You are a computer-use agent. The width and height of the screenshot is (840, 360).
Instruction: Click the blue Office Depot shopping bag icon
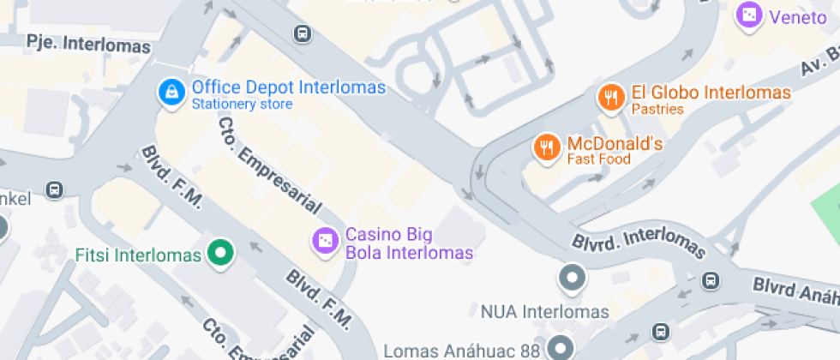(172, 92)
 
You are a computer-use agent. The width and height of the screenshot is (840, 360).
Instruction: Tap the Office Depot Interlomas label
(288, 87)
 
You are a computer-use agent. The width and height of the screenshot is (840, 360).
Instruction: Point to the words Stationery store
(242, 105)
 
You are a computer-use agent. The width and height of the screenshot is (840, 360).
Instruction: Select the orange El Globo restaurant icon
(610, 97)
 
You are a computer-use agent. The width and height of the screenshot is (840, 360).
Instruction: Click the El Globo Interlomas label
(711, 93)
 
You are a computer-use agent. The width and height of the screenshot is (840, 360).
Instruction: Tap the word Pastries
(657, 110)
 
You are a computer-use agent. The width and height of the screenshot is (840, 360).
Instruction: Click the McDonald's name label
(614, 143)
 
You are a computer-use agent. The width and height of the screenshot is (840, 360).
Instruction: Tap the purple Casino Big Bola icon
(325, 242)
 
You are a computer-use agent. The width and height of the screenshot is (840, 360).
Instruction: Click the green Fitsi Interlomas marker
(222, 254)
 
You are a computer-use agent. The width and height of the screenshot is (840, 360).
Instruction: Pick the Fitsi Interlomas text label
(138, 255)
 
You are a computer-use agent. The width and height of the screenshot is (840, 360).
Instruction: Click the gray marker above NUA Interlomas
(572, 278)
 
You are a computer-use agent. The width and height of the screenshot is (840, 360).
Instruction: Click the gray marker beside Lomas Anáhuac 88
(561, 347)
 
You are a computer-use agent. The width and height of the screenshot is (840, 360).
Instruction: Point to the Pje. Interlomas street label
(87, 44)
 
